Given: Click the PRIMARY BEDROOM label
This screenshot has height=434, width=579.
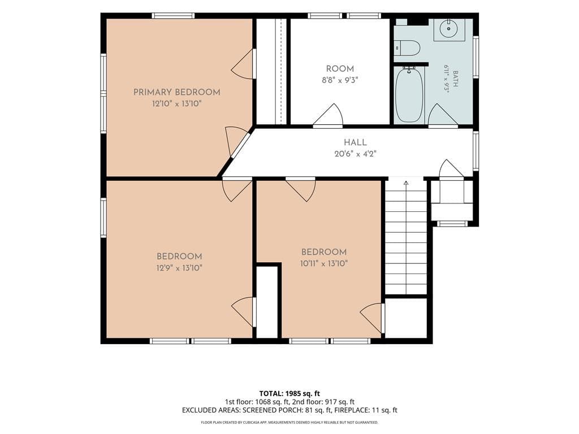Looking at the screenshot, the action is [176, 92].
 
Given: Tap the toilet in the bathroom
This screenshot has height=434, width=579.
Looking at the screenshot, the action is [408, 47].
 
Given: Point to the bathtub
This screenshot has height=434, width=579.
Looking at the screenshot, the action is [409, 94].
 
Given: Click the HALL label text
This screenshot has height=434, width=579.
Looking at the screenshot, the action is [355, 142].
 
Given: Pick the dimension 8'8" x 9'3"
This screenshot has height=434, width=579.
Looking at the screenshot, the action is [340, 80].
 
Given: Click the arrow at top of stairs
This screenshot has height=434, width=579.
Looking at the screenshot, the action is [406, 183].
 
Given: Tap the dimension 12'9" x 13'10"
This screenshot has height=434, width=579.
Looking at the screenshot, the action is [179, 268].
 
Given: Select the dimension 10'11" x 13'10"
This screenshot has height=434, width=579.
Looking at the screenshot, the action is [324, 263].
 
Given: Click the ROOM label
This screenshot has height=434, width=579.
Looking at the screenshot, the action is [340, 68].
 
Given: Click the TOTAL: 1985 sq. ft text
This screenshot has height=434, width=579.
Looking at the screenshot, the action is [289, 393].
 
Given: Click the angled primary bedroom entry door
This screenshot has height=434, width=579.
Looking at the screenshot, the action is [236, 141].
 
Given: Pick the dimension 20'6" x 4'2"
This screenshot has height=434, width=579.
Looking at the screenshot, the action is [355, 154].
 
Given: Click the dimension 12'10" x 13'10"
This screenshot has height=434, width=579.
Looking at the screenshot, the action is [177, 104].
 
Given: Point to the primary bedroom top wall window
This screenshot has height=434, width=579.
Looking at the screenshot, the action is [173, 16].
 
